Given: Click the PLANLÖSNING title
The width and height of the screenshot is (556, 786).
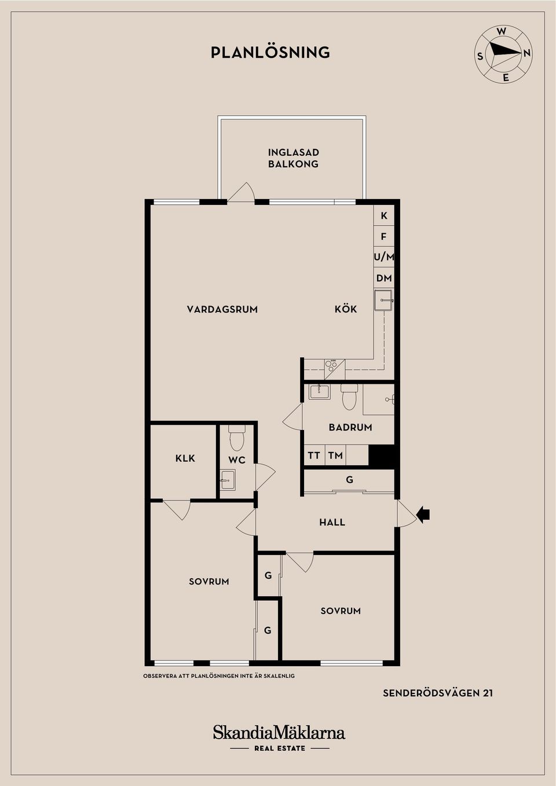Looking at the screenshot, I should (x=270, y=53).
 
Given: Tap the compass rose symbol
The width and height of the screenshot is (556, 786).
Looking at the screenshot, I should (x=503, y=54).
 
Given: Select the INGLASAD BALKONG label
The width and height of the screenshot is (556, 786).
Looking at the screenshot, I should (x=293, y=158).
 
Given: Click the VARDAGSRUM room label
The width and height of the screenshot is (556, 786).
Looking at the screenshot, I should (x=222, y=310).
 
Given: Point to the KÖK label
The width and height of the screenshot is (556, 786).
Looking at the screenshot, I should (x=346, y=310).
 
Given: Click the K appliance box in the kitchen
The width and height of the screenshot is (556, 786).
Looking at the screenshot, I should (x=383, y=216).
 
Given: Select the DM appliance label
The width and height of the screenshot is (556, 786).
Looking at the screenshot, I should (x=383, y=278).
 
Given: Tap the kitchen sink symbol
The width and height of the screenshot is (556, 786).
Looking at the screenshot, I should (x=383, y=301).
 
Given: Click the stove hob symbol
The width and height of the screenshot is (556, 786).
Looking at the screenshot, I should (x=331, y=365).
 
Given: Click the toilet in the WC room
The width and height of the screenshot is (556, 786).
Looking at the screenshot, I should (x=237, y=438).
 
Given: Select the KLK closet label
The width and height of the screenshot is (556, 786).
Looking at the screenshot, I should (x=185, y=458).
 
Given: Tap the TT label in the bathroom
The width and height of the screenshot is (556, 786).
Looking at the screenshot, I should (x=313, y=456).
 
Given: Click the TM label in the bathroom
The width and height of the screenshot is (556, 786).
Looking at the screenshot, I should (x=335, y=456).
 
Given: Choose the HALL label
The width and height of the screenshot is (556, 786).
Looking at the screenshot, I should (x=332, y=523).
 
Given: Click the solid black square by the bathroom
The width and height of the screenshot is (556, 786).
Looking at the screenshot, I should (x=381, y=456).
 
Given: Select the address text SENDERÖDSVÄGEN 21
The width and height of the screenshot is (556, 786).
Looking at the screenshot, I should (x=438, y=693).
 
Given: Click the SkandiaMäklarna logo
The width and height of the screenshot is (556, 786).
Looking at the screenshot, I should (x=279, y=733).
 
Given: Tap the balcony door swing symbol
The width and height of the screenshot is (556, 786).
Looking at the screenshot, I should (x=242, y=193).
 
